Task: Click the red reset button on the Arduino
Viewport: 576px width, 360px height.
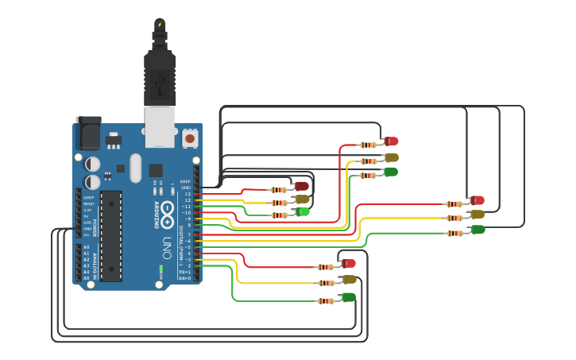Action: tap(190, 138)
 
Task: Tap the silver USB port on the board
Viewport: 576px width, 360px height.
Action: tap(160, 126)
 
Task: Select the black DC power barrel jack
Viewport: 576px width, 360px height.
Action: tap(87, 133)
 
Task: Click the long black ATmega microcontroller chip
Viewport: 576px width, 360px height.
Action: tap(111, 235)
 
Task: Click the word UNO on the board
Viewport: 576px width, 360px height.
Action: tap(167, 242)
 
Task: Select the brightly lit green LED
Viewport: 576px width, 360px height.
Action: tap(303, 211)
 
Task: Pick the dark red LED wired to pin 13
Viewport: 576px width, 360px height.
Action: tap(301, 186)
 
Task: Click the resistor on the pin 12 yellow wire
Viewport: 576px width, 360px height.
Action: tap(279, 202)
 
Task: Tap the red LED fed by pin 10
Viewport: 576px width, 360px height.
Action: tap(391, 141)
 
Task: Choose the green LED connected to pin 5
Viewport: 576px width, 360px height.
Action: tap(477, 230)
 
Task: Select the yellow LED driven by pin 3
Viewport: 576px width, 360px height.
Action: tap(349, 280)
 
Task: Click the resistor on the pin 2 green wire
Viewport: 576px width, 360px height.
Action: tap(327, 300)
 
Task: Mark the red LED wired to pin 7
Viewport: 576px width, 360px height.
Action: tap(477, 200)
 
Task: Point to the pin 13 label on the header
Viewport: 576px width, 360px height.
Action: tap(187, 194)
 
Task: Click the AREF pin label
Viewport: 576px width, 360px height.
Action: tap(185, 181)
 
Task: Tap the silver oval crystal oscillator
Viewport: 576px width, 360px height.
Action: tap(135, 167)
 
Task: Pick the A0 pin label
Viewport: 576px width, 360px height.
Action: tap(86, 247)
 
